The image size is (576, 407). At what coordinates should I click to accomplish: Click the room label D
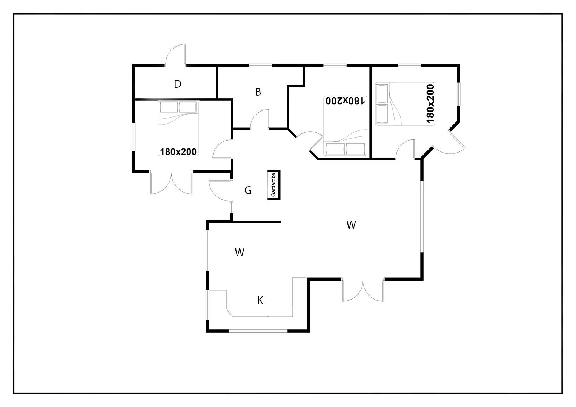pos(177,84)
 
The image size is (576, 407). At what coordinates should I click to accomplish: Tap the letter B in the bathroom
pos(258,92)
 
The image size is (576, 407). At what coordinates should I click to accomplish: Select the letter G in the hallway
pos(248,190)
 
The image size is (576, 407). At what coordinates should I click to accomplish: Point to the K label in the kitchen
pos(260,300)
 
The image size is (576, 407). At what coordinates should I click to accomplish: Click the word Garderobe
pos(273,185)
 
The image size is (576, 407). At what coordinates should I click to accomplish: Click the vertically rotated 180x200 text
pos(430,104)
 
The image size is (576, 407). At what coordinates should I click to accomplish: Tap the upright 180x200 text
pos(178,152)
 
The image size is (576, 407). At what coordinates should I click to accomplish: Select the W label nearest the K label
pos(240,252)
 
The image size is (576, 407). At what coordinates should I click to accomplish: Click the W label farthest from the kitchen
pos(351,225)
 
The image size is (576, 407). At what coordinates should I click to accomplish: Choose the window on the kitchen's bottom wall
pos(258,331)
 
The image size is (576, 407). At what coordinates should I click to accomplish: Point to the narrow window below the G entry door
pos(232,207)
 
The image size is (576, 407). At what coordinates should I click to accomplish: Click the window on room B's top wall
pos(260,66)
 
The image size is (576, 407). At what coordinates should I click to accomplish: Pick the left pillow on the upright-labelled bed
pos(169,107)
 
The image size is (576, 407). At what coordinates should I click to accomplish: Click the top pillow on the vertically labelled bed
pos(382,94)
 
